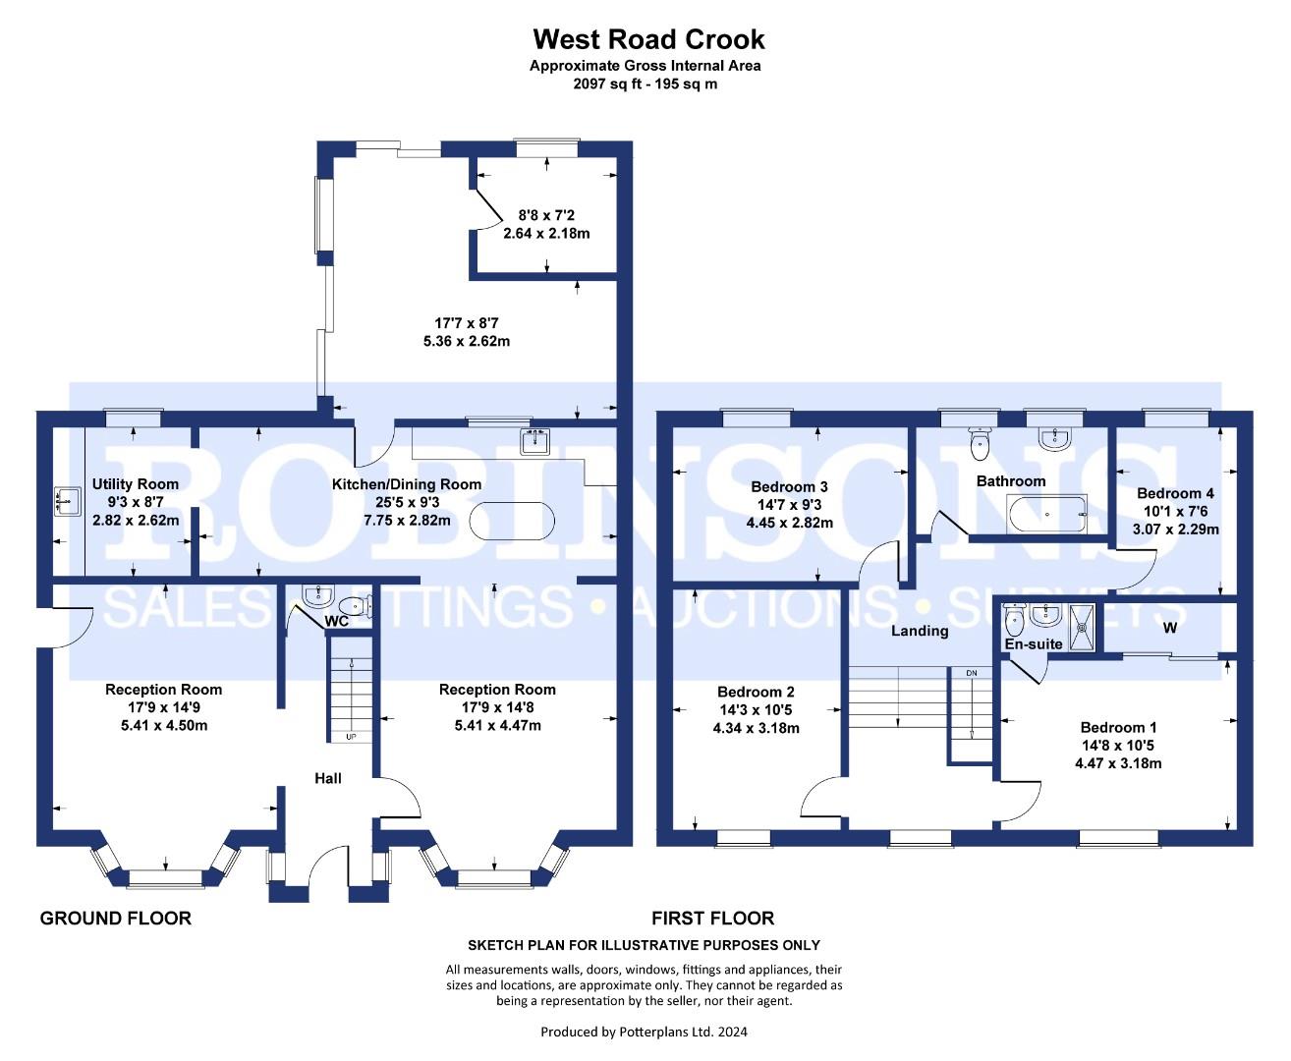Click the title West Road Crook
pos(648,40)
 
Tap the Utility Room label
pos(136,484)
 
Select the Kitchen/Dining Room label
pos(407,484)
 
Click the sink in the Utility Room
pos(68,502)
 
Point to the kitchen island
pos(512,521)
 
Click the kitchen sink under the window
pos(535,441)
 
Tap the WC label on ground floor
pos(336,622)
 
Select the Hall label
pos(328,778)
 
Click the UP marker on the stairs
pos(351,737)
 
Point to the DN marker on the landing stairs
pos(972,673)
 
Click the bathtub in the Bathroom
pos(1046,514)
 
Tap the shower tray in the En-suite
pos(1082,628)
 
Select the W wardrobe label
pos(1170,628)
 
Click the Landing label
pos(920,631)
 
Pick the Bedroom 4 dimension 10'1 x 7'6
pos(1175,511)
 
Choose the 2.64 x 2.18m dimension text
pos(546,233)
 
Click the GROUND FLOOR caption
pos(116,919)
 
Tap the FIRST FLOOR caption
pos(712,919)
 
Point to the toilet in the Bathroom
pos(980,444)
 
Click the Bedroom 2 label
pos(756,692)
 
